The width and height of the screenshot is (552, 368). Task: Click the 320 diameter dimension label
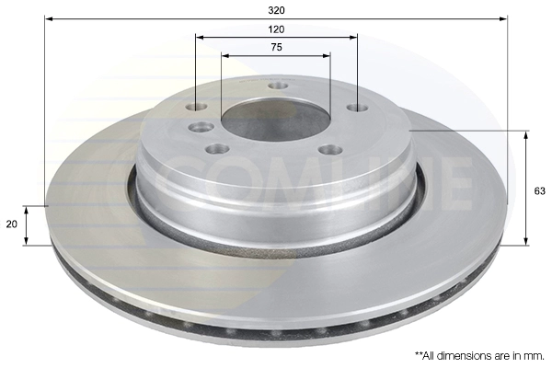point(276,10)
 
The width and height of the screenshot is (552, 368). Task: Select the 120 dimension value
point(276,29)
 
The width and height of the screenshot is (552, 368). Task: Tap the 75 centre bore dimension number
point(277,47)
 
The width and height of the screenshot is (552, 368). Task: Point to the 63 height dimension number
point(539,191)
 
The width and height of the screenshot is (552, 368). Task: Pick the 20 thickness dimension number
point(12,224)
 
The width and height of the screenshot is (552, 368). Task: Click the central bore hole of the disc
point(275,119)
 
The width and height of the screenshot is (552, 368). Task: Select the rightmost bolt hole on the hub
point(357,108)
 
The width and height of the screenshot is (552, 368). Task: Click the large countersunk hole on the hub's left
point(201,127)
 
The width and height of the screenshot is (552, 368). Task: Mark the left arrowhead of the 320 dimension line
point(49,18)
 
